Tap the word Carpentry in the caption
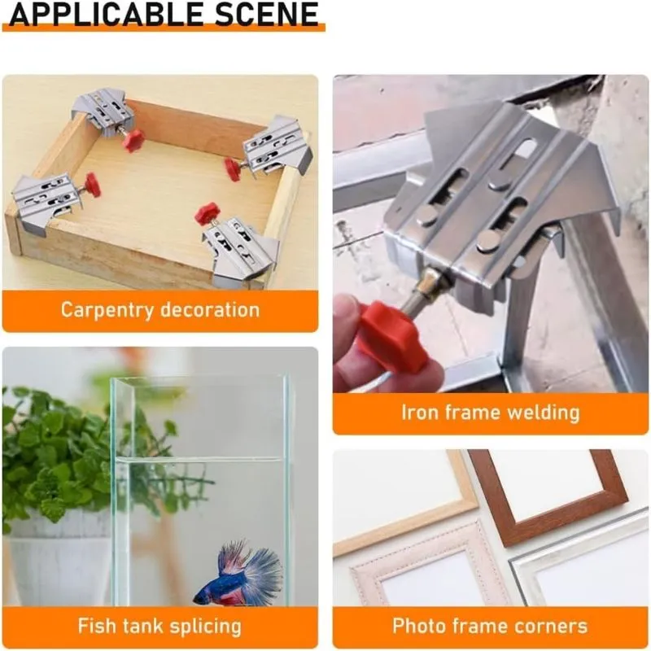tap(107, 311)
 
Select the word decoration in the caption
tap(210, 310)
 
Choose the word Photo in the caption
tap(419, 626)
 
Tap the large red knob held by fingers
tap(391, 335)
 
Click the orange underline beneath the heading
tap(164, 28)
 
